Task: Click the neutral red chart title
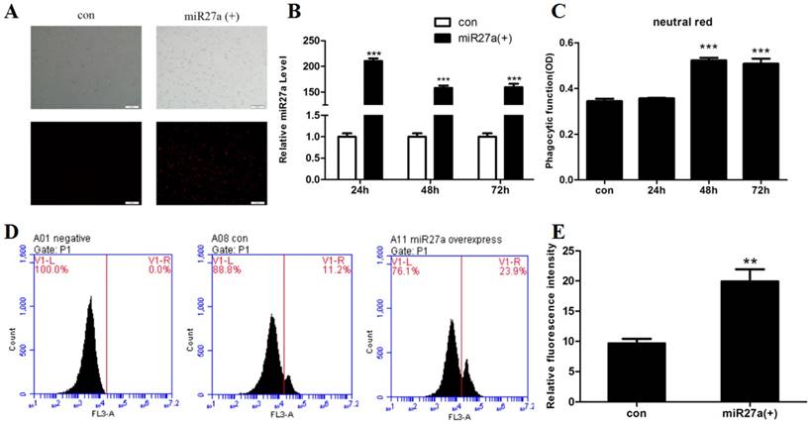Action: (x=686, y=20)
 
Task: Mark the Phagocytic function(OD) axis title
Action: (x=551, y=111)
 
